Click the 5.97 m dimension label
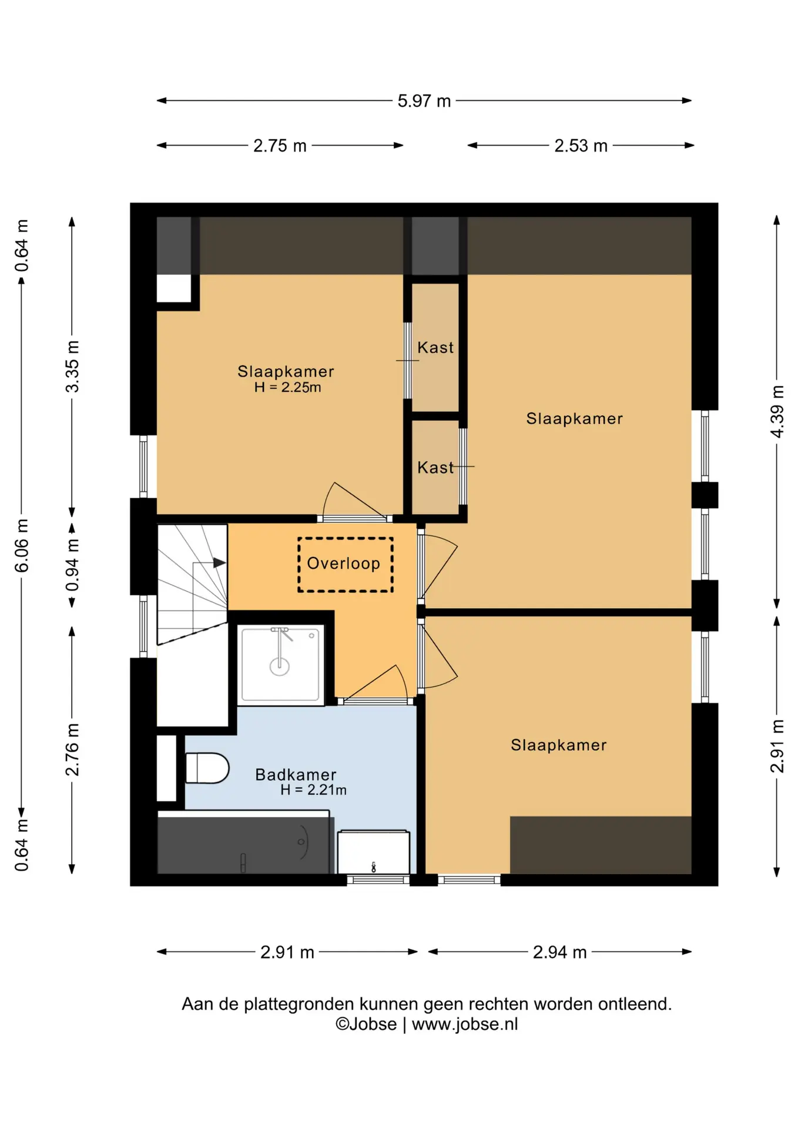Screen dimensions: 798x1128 click(x=424, y=101)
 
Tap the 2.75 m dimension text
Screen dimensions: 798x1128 click(x=280, y=146)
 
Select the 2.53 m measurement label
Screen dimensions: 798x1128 click(x=581, y=146)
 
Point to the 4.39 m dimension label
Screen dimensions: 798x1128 click(x=777, y=411)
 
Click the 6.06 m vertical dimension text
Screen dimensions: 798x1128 click(x=21, y=545)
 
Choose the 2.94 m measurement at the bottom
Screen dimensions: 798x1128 click(x=559, y=952)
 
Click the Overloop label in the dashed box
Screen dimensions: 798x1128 click(x=344, y=563)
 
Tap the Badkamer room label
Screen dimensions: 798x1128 click(x=296, y=774)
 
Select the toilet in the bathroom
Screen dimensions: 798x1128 click(x=207, y=768)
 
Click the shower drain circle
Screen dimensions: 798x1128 click(x=280, y=666)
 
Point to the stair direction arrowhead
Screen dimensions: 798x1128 click(x=220, y=563)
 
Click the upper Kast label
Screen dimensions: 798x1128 click(x=435, y=348)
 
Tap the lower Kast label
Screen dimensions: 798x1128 click(x=435, y=468)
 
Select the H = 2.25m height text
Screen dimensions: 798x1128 click(x=288, y=387)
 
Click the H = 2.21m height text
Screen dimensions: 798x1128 click(x=313, y=790)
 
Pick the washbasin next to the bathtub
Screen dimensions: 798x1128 click(x=373, y=852)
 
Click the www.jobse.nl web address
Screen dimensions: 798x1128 click(x=465, y=1024)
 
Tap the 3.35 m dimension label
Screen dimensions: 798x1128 click(x=72, y=367)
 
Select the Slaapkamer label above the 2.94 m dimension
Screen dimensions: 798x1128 click(x=559, y=745)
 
